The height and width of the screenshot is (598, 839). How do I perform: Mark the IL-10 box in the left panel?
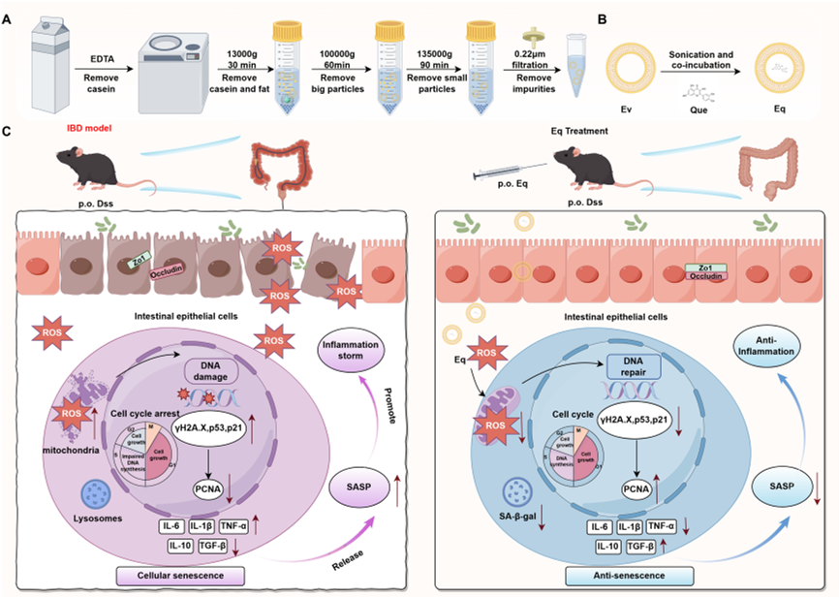(x=178, y=547)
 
